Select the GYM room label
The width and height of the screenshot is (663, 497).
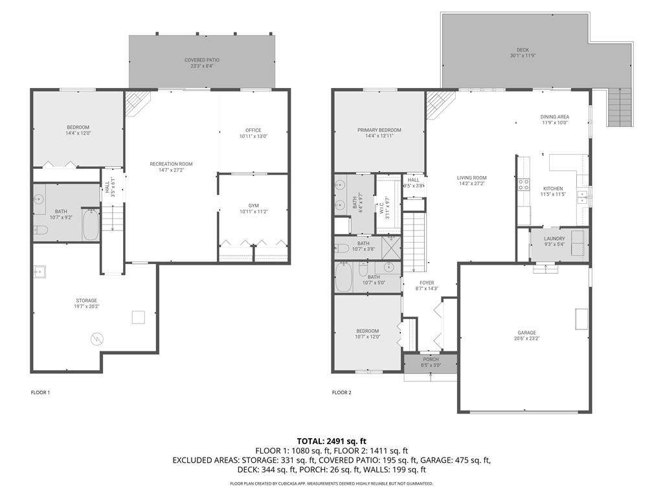pos(253,208)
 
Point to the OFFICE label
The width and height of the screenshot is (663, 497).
pos(253,133)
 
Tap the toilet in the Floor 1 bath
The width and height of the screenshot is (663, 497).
pos(40,230)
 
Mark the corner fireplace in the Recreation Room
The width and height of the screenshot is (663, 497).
pos(136,102)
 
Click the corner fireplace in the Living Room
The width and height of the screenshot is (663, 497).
pos(438,102)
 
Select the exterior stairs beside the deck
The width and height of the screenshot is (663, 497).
pos(620,107)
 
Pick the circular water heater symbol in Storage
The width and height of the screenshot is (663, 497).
pos(96,338)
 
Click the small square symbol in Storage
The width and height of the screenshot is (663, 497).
pos(138,317)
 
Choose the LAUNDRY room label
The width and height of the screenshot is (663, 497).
pos(554,241)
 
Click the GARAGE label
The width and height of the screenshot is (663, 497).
pos(526,336)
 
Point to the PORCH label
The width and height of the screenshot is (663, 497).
pos(431,362)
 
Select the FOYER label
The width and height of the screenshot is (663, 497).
pos(427,285)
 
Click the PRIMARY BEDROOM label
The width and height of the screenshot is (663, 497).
pos(379,133)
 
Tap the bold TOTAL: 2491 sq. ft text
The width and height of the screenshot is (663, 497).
pos(331,439)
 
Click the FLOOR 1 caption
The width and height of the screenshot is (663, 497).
pos(40,392)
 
